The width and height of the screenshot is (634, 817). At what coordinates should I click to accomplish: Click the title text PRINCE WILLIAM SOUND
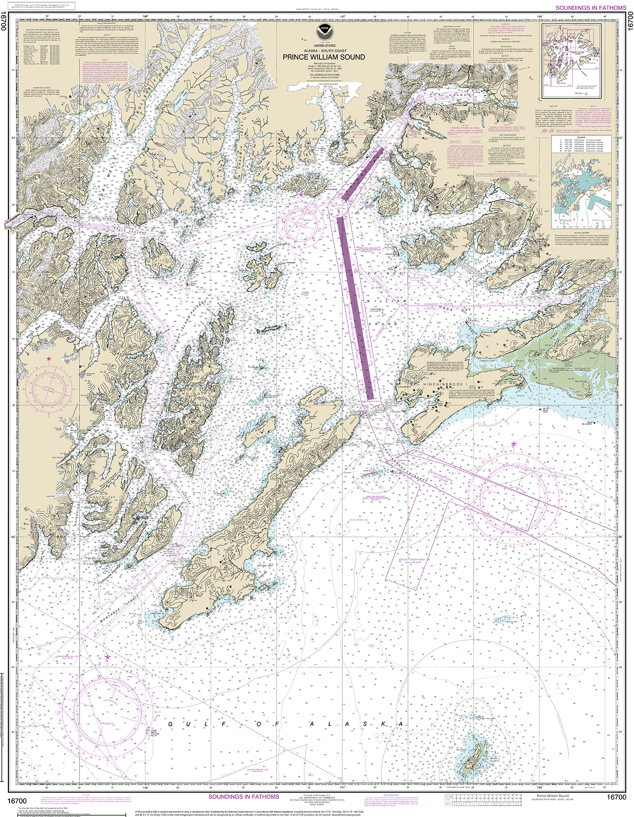tap(324, 57)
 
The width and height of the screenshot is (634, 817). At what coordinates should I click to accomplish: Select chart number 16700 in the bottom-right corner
tap(616, 797)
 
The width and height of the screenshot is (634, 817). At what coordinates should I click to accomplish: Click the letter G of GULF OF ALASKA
tap(171, 724)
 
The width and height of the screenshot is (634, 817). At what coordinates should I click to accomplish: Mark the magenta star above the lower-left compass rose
tap(107, 657)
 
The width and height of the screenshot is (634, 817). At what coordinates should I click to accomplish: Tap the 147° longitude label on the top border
tap(342, 17)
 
